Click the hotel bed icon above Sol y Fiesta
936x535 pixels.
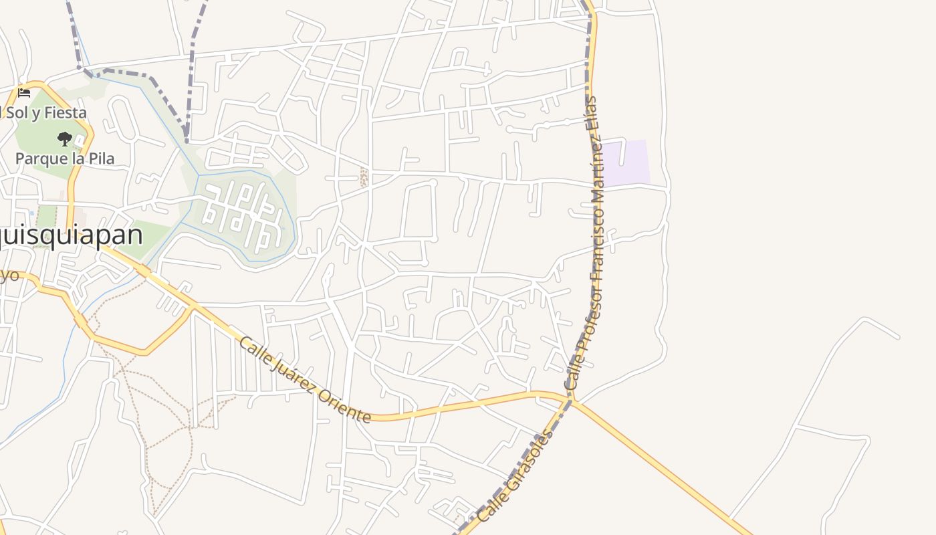pyautogui.click(x=24, y=92)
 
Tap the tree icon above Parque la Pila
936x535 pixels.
pyautogui.click(x=65, y=139)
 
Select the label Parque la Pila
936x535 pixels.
pyautogui.click(x=65, y=158)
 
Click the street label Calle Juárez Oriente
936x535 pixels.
pyautogui.click(x=305, y=380)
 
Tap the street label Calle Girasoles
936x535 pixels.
pyautogui.click(x=515, y=475)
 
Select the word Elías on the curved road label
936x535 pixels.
pyautogui.click(x=591, y=112)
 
